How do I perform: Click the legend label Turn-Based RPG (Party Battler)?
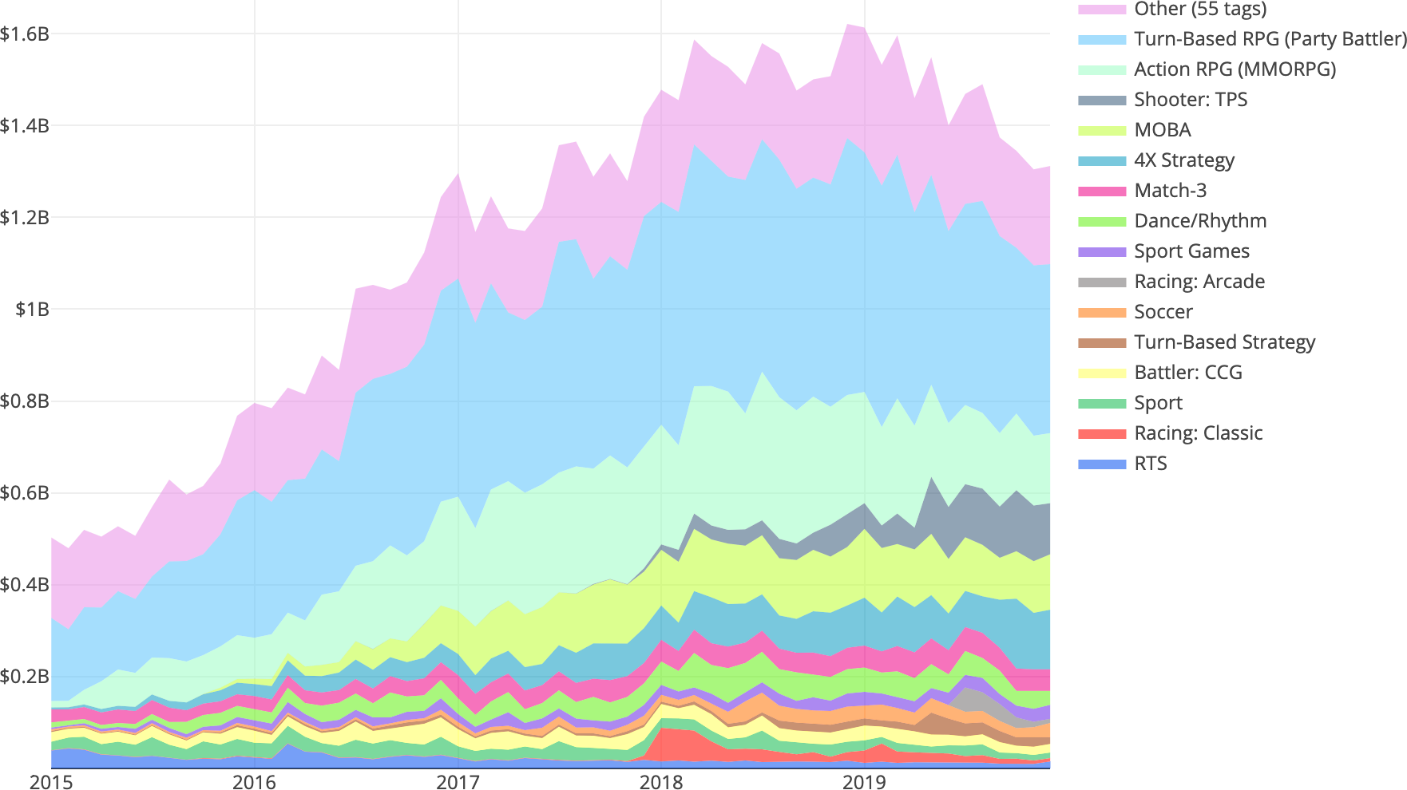coord(1270,39)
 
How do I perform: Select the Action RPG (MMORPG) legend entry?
coord(1235,69)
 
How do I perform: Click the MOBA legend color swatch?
coord(1102,130)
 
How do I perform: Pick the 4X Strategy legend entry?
coord(1183,160)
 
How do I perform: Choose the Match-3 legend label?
coord(1170,191)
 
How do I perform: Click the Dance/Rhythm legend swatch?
coord(1102,221)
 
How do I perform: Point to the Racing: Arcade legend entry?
coord(1199,282)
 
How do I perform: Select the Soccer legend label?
coord(1163,312)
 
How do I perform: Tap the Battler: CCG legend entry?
coord(1187,373)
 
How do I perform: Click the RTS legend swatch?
coord(1102,464)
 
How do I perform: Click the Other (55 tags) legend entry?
coord(1199,10)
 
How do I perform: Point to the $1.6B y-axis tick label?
coord(26,34)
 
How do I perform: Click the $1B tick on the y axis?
coord(32,309)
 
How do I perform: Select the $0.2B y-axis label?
coord(26,677)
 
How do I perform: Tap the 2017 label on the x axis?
coord(458,781)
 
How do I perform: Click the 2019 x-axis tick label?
coord(865,781)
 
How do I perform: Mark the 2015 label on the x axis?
coord(51,781)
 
